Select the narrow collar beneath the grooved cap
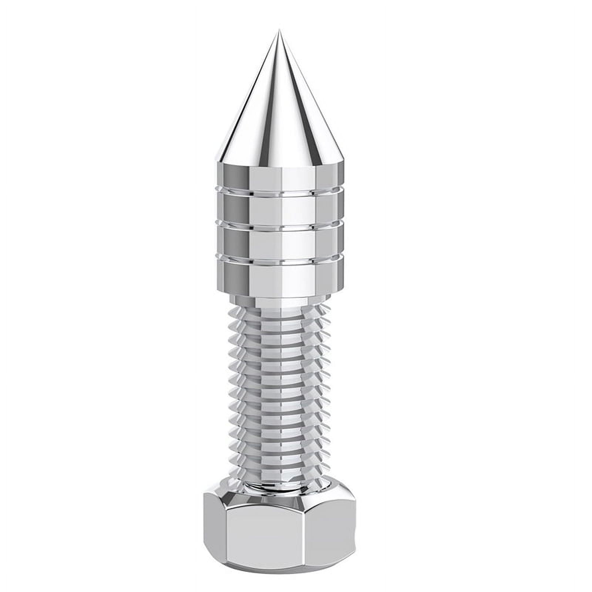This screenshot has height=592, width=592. click(280, 300)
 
